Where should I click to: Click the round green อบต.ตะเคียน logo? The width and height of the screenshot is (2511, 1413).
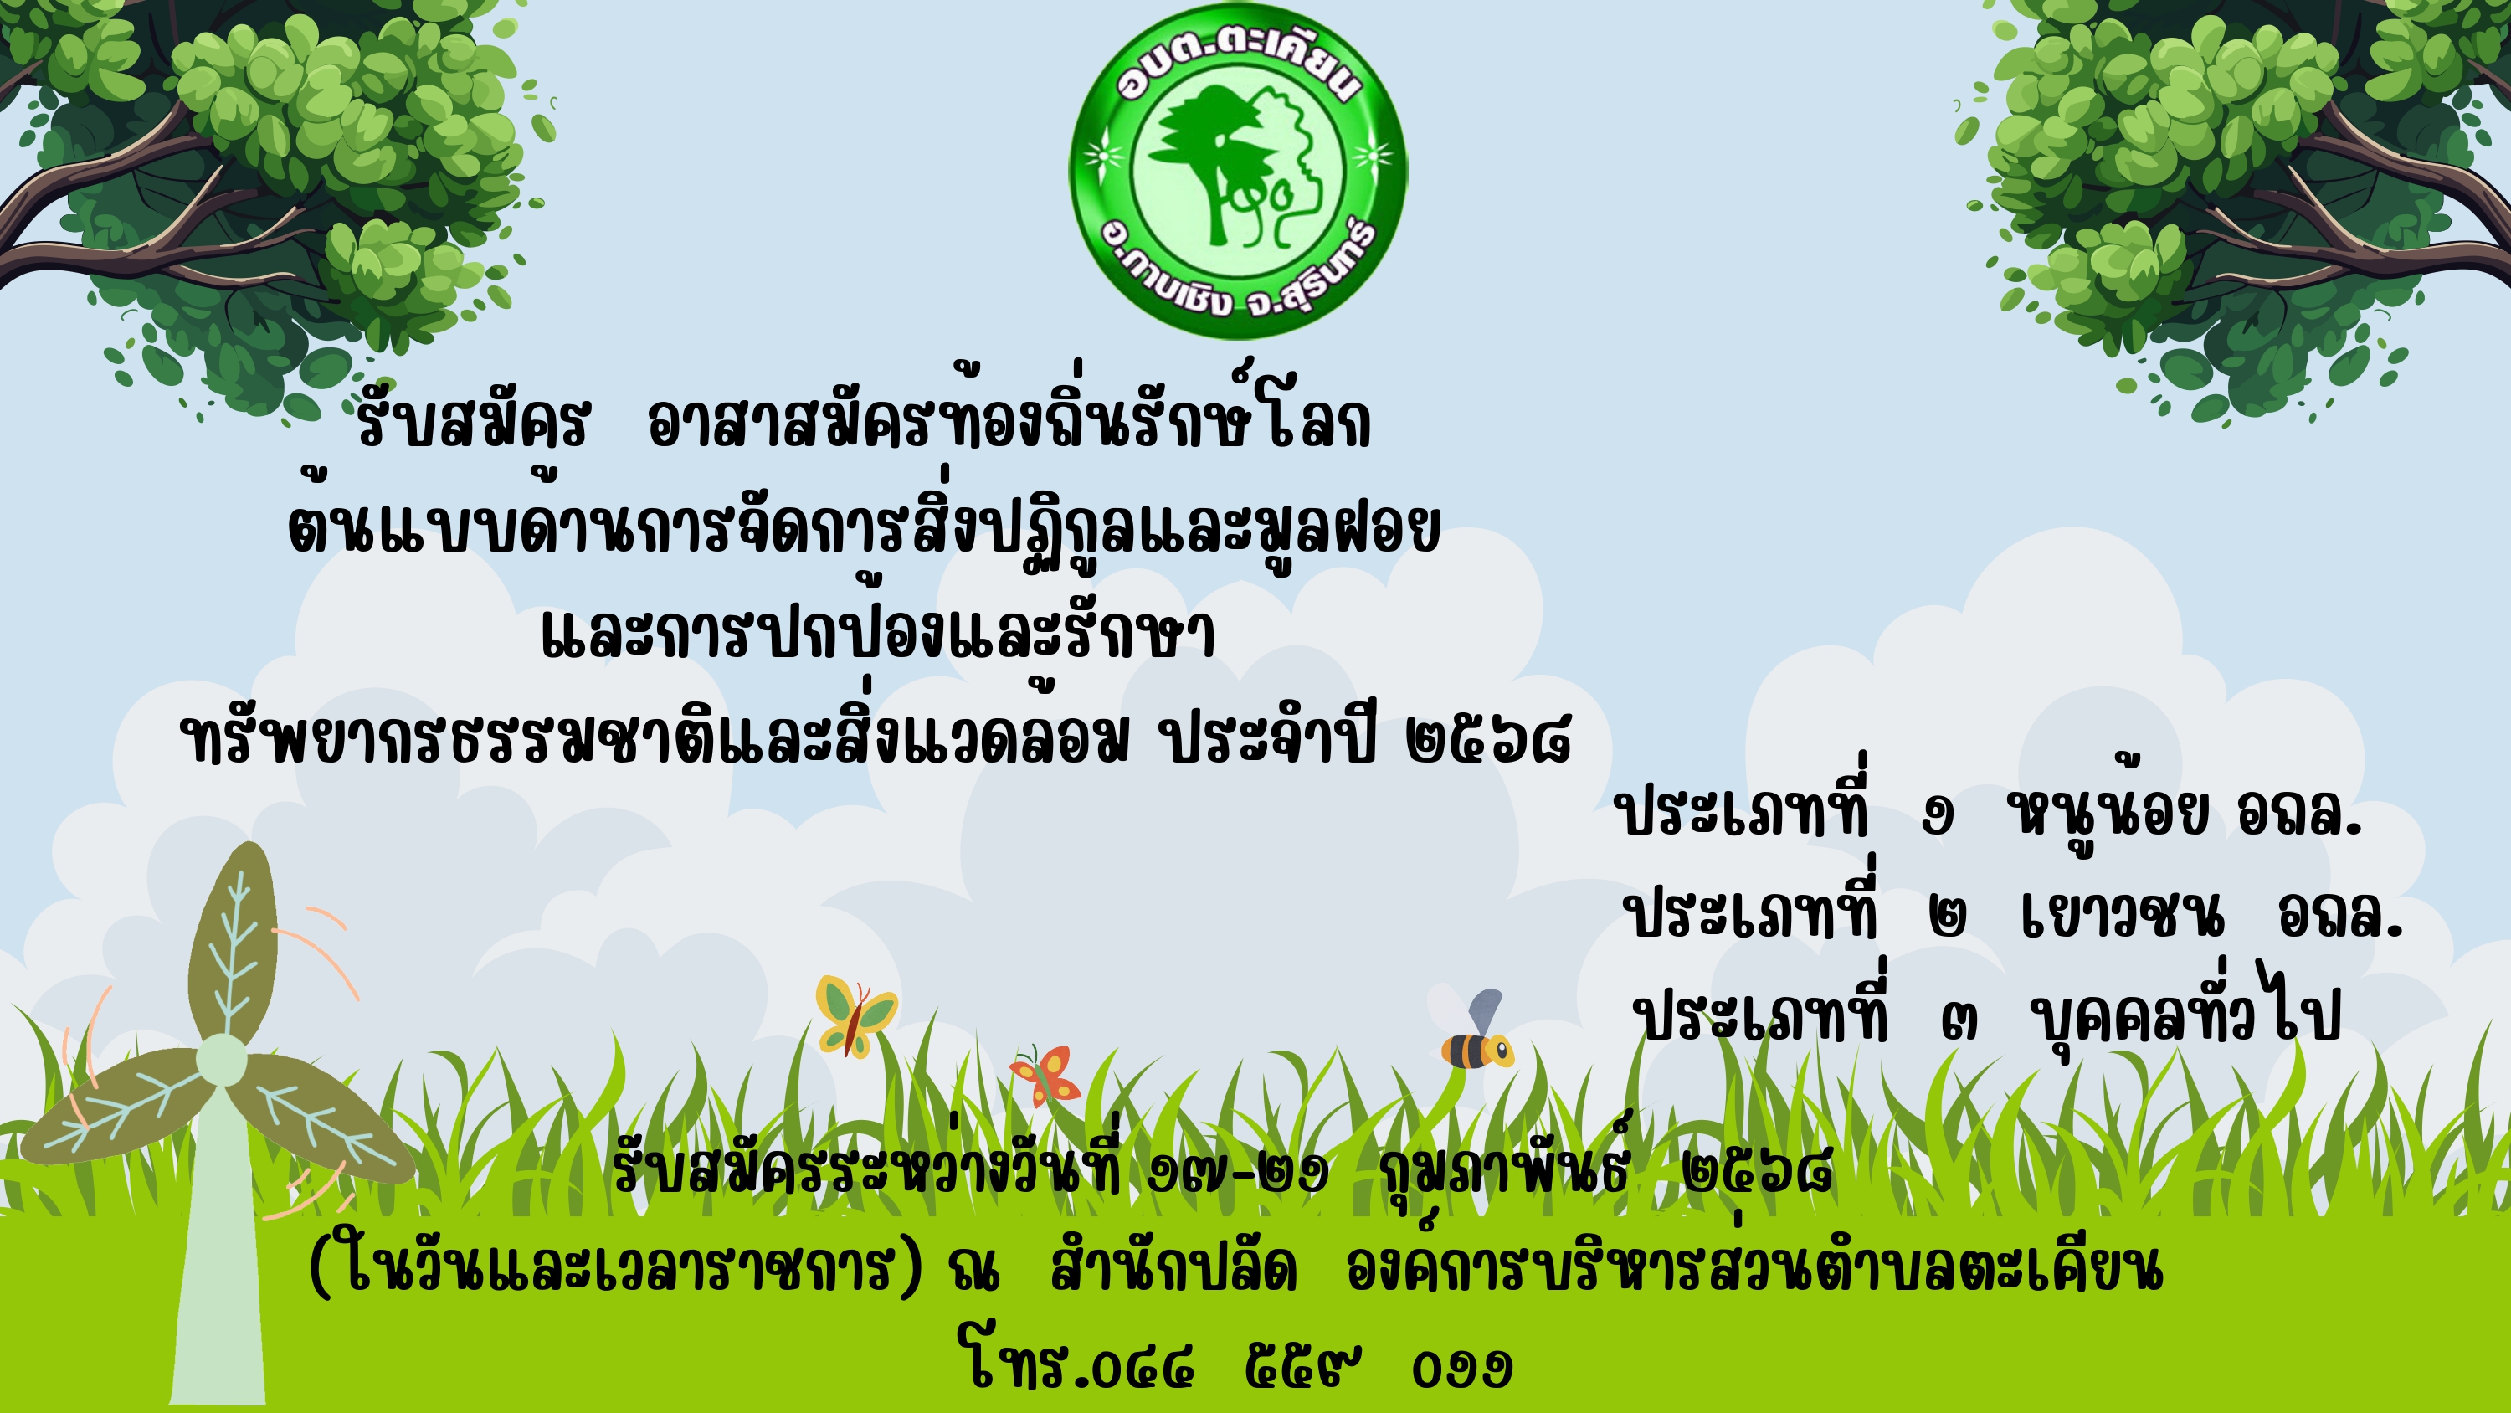pyautogui.click(x=1238, y=171)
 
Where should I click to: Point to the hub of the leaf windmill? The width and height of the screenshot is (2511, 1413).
pyautogui.click(x=221, y=1060)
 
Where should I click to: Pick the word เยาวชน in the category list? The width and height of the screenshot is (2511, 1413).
pyautogui.click(x=2123, y=915)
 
